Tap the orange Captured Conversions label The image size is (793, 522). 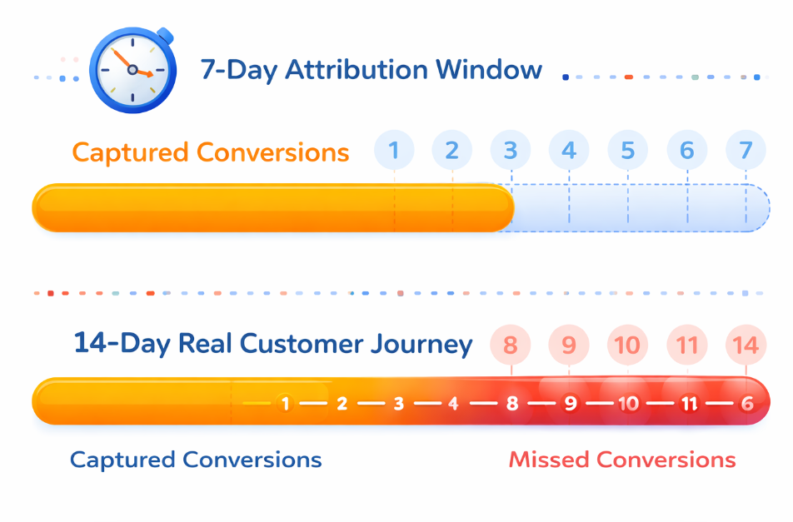210,152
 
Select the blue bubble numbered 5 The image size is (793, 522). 627,151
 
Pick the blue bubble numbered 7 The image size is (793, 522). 746,151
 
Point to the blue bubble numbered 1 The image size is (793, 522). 394,151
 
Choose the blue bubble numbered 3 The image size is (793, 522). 511,151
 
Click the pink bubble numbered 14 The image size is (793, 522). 746,345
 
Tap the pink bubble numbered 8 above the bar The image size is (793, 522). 511,345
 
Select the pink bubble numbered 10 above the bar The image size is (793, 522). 627,345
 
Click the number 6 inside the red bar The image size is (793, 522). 746,404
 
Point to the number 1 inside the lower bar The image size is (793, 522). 286,404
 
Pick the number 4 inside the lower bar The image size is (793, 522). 453,404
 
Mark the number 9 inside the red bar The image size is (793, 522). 571,404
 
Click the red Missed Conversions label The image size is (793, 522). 621,460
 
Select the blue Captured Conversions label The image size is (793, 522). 196,460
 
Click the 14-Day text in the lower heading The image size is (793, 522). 110,343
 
